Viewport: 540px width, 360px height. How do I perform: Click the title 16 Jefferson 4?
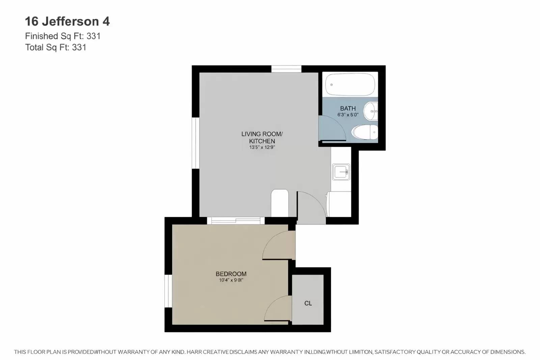coord(67,22)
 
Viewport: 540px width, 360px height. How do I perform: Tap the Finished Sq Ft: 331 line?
coord(63,36)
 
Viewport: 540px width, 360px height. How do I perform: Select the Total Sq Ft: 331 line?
coord(56,48)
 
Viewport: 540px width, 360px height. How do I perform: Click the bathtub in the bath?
coord(350,84)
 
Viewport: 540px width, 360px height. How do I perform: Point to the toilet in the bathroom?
coord(364,132)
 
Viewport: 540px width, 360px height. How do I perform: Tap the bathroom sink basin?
coord(371,111)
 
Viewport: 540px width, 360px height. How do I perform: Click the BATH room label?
coord(348,108)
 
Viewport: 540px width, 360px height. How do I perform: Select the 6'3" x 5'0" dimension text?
coord(348,115)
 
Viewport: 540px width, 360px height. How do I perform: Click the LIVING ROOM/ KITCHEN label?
coord(262,137)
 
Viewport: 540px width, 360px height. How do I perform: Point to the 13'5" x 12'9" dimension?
coord(262,147)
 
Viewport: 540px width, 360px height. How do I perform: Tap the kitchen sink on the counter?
coord(341,172)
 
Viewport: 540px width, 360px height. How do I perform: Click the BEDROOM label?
coord(231,274)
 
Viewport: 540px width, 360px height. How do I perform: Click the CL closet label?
coord(308,303)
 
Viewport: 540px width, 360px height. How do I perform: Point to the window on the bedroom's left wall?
coord(168,291)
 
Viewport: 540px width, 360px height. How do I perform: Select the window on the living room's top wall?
coord(286,69)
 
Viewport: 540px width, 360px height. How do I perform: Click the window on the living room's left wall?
coord(195,143)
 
